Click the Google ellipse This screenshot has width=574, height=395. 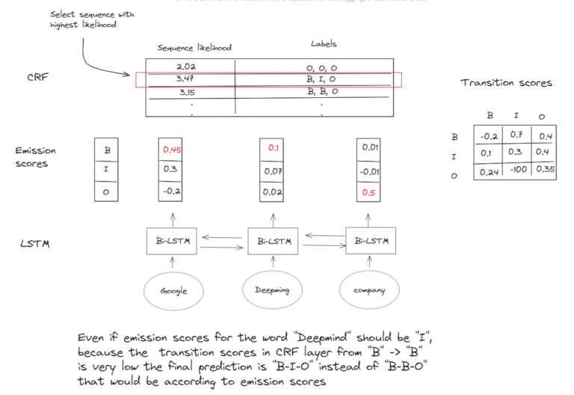(173, 291)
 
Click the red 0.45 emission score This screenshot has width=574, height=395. (172, 149)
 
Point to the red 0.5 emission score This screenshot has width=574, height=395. (368, 192)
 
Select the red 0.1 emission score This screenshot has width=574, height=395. (272, 149)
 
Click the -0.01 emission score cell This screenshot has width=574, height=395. (369, 171)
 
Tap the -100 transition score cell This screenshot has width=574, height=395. (516, 171)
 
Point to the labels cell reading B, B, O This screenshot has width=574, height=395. (323, 91)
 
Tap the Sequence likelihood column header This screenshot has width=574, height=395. (194, 47)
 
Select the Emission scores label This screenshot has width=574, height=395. (35, 156)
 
